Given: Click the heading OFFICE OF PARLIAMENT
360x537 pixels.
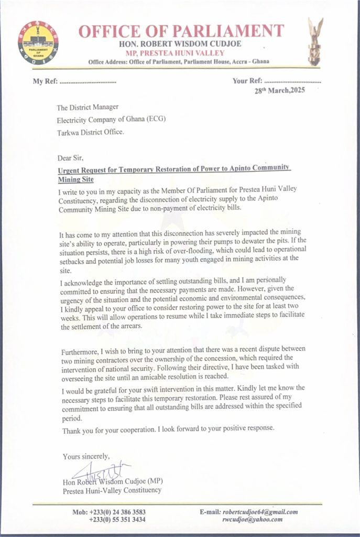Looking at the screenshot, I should tap(181, 30).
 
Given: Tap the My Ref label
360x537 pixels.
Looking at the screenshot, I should tap(44, 82).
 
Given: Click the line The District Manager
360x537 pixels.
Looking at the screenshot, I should tap(84, 108).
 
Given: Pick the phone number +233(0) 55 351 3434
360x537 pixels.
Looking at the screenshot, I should tap(117, 519).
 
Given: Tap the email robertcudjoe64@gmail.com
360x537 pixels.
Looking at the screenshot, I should tap(260, 512).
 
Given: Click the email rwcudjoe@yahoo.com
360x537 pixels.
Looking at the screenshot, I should tap(252, 519).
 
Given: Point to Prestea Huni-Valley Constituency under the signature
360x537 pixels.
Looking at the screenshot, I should tap(112, 491).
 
